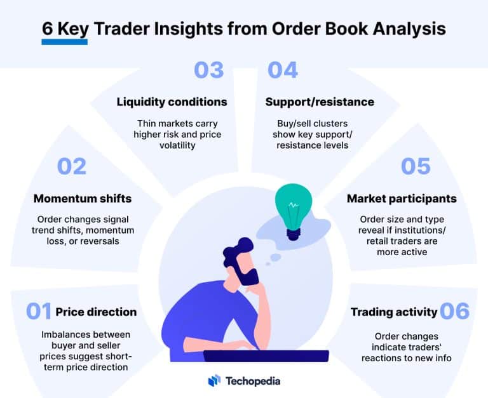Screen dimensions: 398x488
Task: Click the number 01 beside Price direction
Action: tap(38, 312)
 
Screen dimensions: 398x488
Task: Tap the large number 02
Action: tap(71, 166)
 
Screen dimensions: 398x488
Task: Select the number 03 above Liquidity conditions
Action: tap(209, 70)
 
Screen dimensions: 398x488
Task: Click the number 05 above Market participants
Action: tap(416, 166)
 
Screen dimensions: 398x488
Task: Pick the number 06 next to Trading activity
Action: tap(454, 312)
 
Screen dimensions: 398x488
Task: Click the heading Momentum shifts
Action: tap(83, 199)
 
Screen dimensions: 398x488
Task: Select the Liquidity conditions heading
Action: tap(172, 102)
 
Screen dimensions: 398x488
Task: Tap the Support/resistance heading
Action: tap(320, 102)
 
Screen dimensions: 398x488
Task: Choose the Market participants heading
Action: tap(402, 199)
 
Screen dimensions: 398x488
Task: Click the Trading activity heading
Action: tap(394, 312)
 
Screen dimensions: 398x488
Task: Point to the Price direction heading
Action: tap(96, 312)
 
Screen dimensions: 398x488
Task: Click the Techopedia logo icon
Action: tap(214, 381)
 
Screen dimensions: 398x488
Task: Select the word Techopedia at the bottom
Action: tap(252, 381)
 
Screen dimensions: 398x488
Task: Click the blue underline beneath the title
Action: tap(64, 42)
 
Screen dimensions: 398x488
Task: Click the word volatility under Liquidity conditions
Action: tap(172, 145)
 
